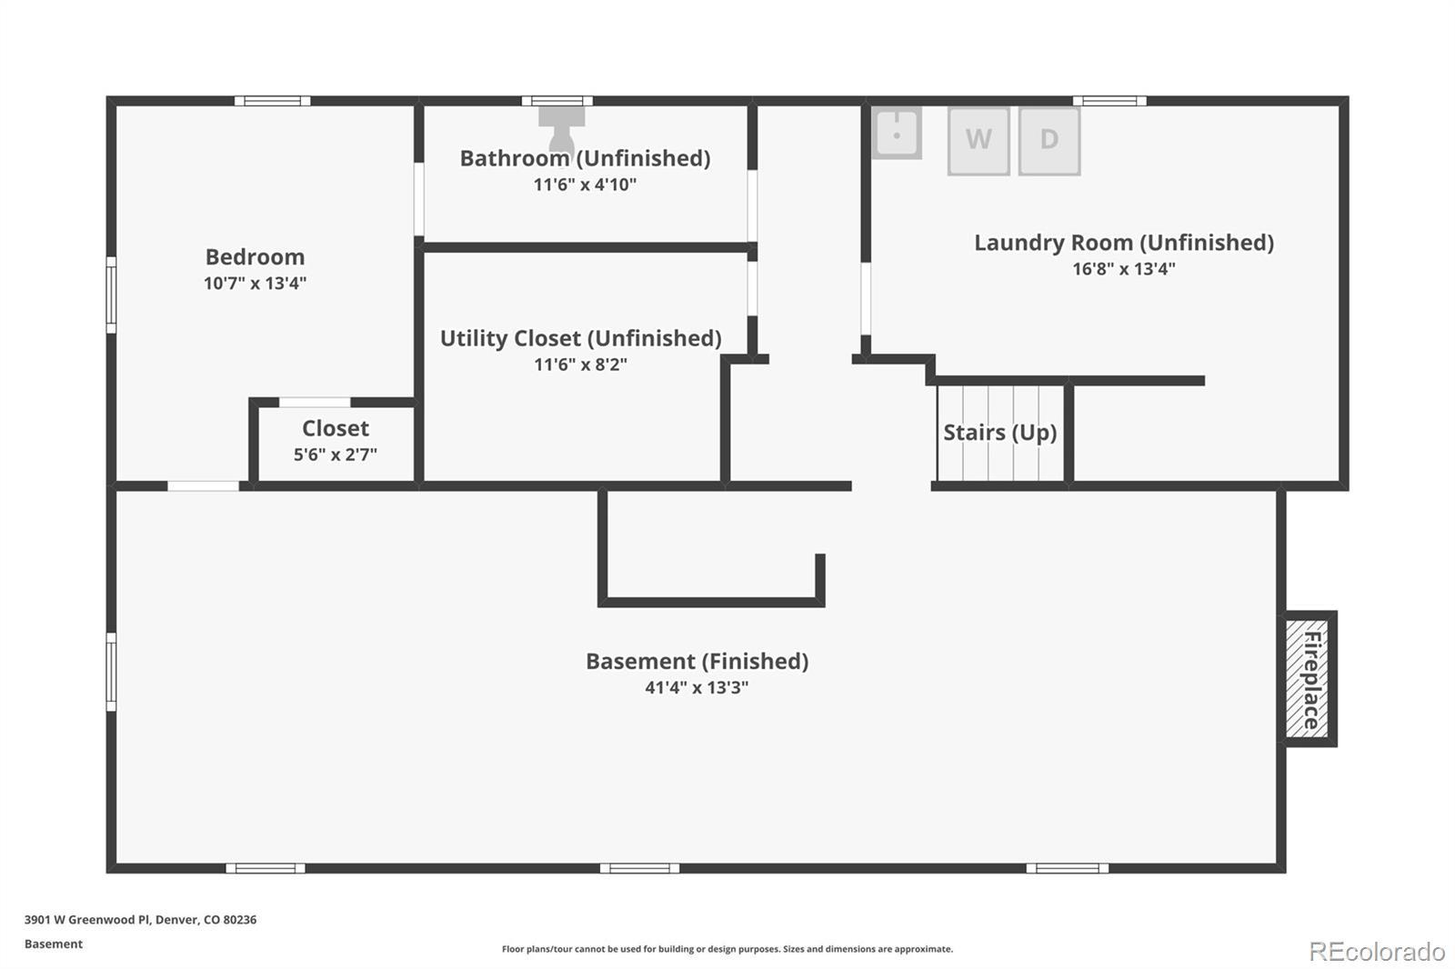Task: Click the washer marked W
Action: pos(978,140)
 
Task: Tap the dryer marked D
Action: pos(1049,140)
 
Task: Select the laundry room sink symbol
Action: pos(897,133)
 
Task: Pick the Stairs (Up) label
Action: pos(999,432)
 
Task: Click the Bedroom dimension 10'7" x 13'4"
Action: pos(255,283)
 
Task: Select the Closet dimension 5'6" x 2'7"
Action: pos(335,454)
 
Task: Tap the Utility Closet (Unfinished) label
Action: pos(580,338)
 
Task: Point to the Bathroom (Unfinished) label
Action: pos(585,158)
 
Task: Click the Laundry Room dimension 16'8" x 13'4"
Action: pos(1123,268)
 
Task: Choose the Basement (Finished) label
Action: pos(697,661)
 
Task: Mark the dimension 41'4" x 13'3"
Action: pos(697,687)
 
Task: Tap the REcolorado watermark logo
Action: pos(1377,951)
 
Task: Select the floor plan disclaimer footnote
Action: pos(727,949)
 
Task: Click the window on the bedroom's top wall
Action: pos(272,101)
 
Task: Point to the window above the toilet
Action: pos(557,101)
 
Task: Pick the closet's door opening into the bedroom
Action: pos(315,402)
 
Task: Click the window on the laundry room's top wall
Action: pos(1109,101)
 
